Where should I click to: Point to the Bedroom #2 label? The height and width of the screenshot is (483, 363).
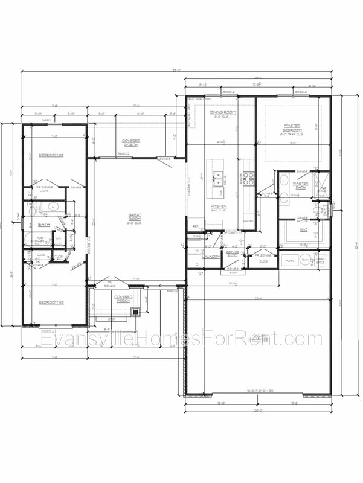click(51, 155)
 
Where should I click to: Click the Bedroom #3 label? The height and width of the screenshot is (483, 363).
click(51, 302)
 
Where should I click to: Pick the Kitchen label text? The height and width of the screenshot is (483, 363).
click(219, 207)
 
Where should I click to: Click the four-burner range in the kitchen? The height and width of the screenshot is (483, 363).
click(249, 179)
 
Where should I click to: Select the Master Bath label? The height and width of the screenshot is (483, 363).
click(300, 185)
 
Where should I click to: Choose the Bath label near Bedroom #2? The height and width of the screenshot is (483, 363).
click(44, 225)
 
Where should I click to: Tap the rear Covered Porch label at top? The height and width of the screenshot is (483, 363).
click(130, 142)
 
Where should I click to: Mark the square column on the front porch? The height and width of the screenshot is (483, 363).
click(135, 312)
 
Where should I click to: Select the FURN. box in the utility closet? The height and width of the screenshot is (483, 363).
click(289, 260)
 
